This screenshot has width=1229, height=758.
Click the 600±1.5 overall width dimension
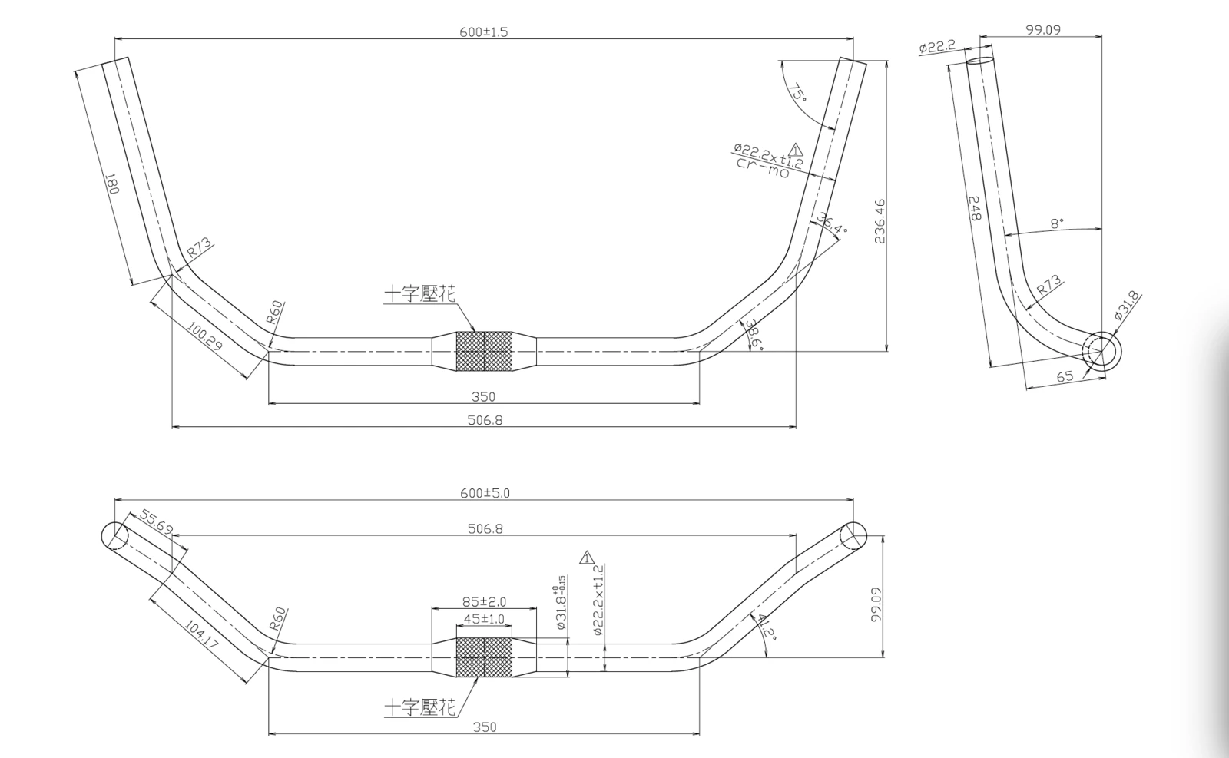[483, 31]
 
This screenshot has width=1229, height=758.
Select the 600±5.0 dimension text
[485, 493]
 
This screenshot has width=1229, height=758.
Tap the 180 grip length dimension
[111, 184]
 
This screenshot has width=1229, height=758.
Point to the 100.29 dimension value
[204, 336]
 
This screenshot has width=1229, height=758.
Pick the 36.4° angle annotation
[832, 223]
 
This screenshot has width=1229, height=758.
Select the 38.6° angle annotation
[753, 335]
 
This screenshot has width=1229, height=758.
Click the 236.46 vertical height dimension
[879, 221]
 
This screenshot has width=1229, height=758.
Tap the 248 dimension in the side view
[975, 208]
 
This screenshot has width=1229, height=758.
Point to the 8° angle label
[1057, 223]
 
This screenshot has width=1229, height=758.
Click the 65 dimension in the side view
[1065, 377]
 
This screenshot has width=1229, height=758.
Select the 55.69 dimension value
[157, 521]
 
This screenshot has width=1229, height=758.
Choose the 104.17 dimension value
[200, 634]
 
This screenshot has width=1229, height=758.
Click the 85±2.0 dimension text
[484, 601]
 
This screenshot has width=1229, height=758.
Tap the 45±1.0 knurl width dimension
[484, 619]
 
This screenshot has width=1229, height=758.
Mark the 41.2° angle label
[767, 627]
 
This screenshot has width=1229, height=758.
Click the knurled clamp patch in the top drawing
[484, 351]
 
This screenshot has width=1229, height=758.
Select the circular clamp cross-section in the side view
[1101, 350]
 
